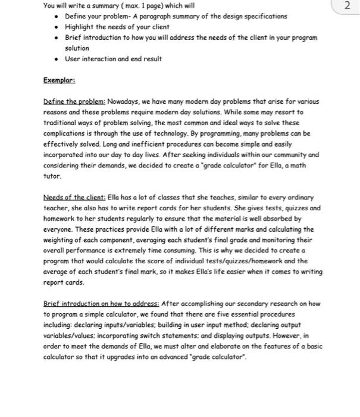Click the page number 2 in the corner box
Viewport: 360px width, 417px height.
point(348,7)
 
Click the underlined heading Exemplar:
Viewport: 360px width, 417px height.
point(60,79)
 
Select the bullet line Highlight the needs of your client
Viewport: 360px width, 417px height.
point(117,27)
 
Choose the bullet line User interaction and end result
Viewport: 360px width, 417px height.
point(113,59)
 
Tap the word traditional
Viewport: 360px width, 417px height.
point(61,123)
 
